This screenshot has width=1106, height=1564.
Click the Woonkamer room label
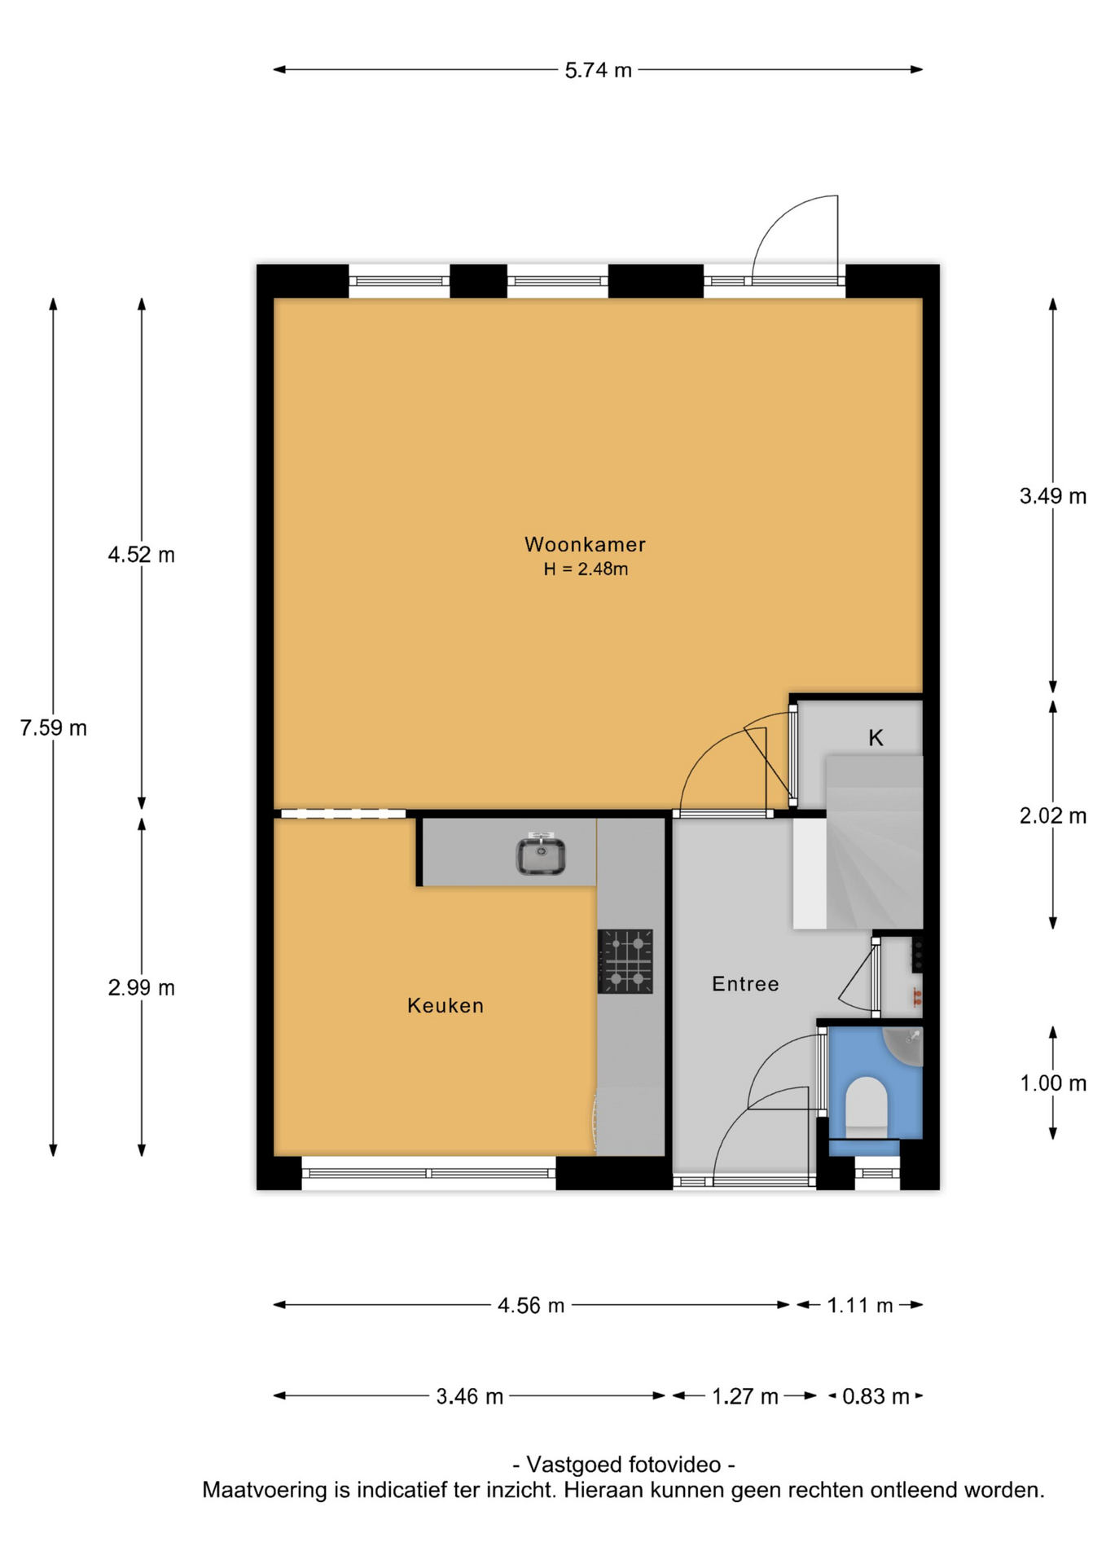pyautogui.click(x=585, y=544)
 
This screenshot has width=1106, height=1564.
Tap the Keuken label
pyautogui.click(x=445, y=1005)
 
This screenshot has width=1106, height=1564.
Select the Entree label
pyautogui.click(x=745, y=984)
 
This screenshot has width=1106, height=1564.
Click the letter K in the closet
pyautogui.click(x=876, y=738)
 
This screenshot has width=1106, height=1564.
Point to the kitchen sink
pyautogui.click(x=541, y=854)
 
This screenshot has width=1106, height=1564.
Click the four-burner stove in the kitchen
pyautogui.click(x=625, y=961)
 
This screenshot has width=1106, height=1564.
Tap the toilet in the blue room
pyautogui.click(x=866, y=1107)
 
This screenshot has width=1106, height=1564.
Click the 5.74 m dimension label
pyautogui.click(x=599, y=71)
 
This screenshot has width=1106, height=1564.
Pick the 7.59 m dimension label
pyautogui.click(x=54, y=727)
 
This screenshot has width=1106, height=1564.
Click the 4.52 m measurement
pyautogui.click(x=142, y=555)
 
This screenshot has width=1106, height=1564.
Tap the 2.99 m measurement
pyautogui.click(x=142, y=988)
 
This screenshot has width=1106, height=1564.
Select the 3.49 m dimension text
pyautogui.click(x=1053, y=496)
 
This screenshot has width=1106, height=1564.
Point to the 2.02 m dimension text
pyautogui.click(x=1053, y=815)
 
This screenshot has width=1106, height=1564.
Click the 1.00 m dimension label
pyautogui.click(x=1053, y=1083)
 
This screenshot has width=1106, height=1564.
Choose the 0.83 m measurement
pyautogui.click(x=876, y=1397)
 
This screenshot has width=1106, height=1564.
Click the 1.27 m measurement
pyautogui.click(x=745, y=1397)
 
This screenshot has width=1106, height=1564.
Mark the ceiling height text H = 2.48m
pyautogui.click(x=586, y=569)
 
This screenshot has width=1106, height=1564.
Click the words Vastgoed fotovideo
pyautogui.click(x=624, y=1465)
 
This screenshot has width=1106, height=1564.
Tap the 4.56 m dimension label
pyautogui.click(x=531, y=1306)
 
